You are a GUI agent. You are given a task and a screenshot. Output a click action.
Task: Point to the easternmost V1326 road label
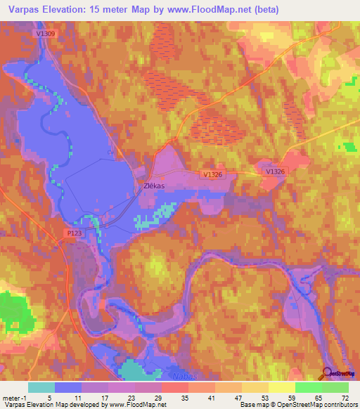pos(276,171)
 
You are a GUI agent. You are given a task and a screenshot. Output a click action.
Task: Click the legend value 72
pos(345,397)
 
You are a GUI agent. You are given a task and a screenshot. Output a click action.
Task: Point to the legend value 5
pos(41,397)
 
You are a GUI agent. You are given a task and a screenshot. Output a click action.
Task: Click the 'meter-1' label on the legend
pos(14,397)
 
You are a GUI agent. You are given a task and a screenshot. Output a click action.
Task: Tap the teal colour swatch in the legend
pos(41,387)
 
